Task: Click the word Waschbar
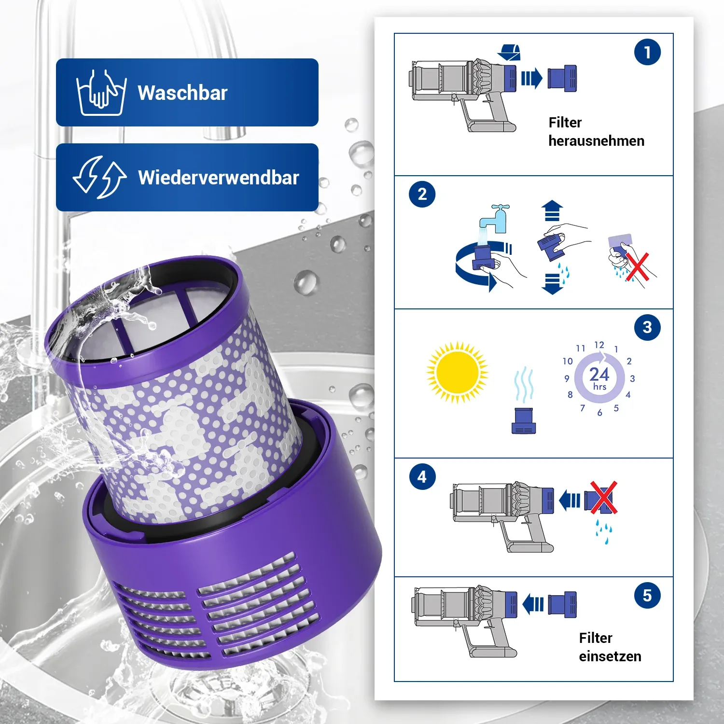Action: [x=182, y=93]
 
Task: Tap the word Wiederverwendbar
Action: [x=219, y=178]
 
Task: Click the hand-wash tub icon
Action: [x=101, y=93]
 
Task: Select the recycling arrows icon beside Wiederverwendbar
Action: [x=99, y=177]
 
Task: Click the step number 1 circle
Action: [x=647, y=52]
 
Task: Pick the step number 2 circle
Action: [x=422, y=194]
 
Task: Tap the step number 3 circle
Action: [x=647, y=327]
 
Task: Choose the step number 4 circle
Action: [x=422, y=477]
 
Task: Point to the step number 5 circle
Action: [x=647, y=596]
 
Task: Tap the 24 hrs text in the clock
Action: [x=599, y=377]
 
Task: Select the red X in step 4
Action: [x=603, y=497]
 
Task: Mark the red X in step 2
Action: [x=638, y=267]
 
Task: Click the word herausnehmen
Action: [x=597, y=141]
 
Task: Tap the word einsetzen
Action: [x=610, y=656]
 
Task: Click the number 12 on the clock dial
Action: [x=599, y=345]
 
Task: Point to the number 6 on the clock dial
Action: [x=599, y=413]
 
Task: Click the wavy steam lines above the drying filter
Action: [x=524, y=385]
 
